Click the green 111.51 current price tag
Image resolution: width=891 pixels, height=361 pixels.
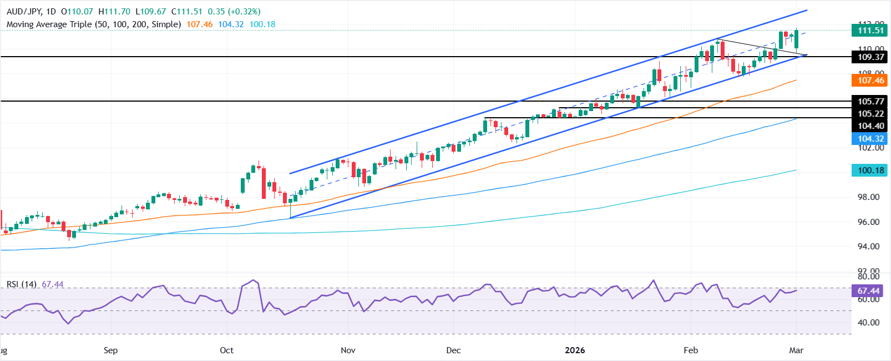tap(870, 31)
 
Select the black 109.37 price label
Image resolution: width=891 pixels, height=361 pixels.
tap(870, 57)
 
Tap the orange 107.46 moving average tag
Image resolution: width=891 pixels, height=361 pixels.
tap(870, 81)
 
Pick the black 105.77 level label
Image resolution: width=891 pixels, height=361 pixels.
tap(870, 101)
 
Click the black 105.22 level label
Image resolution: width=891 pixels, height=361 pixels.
tap(870, 114)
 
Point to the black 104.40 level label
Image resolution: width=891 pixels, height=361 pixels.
tap(870, 126)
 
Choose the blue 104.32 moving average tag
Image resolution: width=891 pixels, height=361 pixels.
tap(870, 139)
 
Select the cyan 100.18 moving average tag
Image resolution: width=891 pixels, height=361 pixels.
tap(870, 171)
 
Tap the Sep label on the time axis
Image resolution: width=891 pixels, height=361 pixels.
tap(110, 350)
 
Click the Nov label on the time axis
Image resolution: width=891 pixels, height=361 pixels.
tap(348, 350)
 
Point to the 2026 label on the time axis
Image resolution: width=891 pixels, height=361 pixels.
tap(575, 350)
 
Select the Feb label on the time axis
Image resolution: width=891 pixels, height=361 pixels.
tap(691, 350)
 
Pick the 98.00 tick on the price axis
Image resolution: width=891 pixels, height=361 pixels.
tap(868, 197)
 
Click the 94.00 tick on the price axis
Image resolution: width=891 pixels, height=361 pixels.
tap(868, 247)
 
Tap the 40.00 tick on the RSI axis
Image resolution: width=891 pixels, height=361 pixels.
tap(868, 323)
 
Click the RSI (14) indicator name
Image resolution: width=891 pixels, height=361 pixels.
tap(22, 284)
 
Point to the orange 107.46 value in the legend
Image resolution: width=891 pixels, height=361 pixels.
tap(200, 24)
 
